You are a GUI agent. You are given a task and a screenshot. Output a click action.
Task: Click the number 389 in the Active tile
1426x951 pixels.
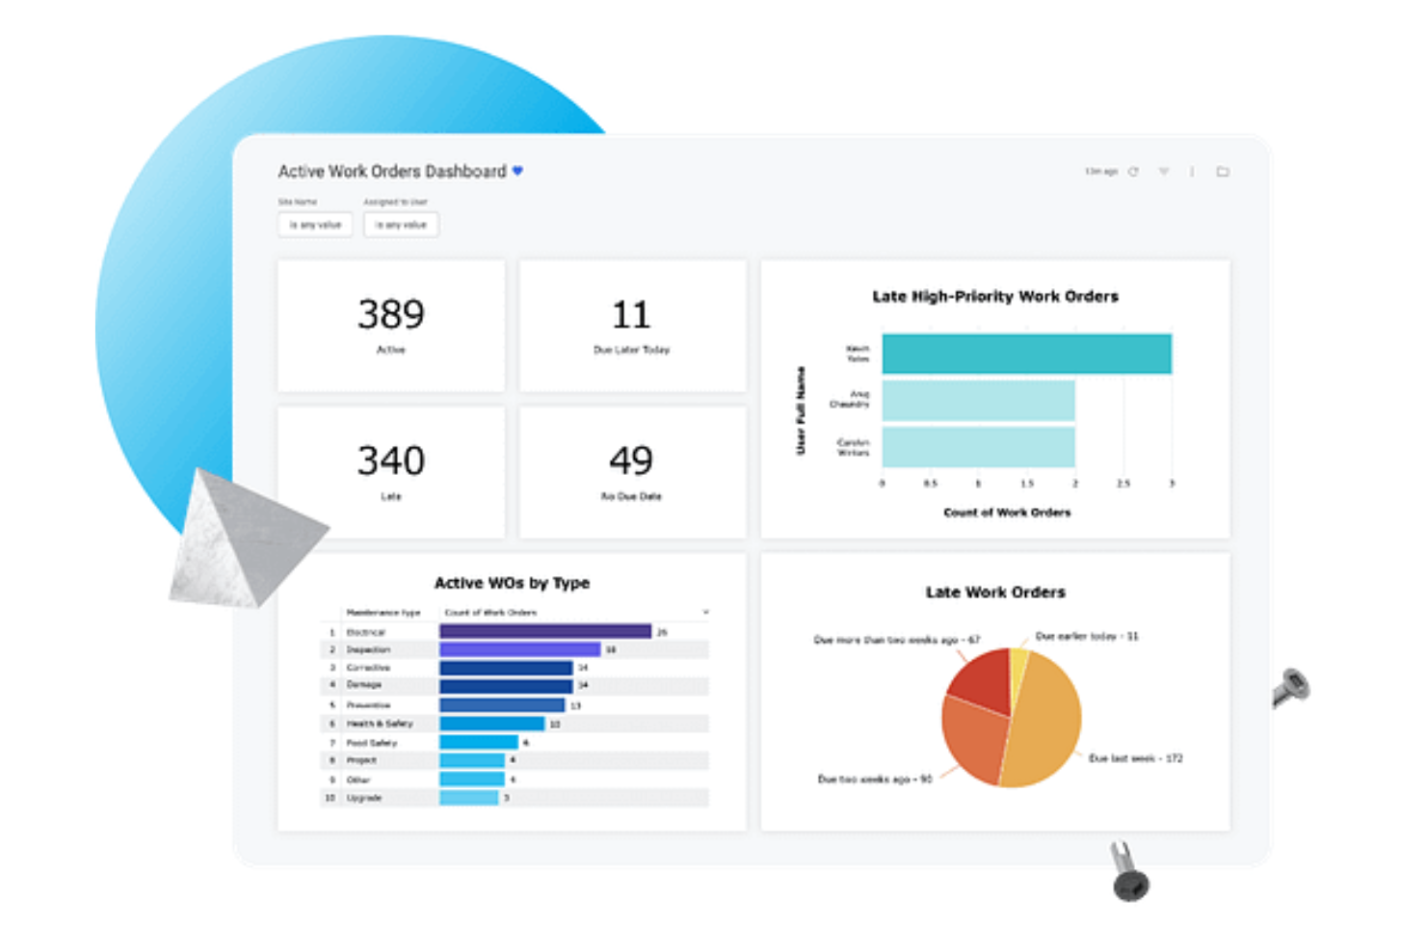[x=390, y=314]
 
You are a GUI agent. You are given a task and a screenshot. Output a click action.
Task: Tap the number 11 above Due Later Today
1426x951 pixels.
[x=631, y=315]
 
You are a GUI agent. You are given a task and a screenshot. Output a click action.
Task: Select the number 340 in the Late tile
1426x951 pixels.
[x=390, y=461]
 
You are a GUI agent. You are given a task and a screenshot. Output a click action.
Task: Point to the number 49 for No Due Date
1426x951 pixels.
[x=631, y=461]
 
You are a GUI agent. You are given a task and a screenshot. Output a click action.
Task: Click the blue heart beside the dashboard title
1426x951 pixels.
[x=517, y=171]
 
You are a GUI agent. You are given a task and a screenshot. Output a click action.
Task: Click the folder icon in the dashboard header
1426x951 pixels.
[x=1223, y=172]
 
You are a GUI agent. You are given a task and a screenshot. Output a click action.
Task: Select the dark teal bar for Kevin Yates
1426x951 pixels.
[x=1026, y=354]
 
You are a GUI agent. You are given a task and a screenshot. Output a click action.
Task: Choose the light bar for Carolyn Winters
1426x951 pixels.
[x=978, y=447]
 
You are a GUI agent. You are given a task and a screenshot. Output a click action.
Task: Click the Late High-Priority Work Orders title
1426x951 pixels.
[x=995, y=296]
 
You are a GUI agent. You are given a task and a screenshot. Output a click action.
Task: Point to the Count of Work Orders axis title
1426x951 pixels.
[x=1007, y=513]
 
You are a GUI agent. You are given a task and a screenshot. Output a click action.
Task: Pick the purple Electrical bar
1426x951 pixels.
[x=545, y=631]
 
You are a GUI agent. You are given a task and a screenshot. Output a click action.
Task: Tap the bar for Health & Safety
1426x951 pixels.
[x=492, y=724]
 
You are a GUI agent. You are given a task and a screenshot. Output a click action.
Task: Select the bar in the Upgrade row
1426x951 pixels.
[x=469, y=798]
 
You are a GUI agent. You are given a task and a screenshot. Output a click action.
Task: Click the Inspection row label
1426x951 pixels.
[x=368, y=649]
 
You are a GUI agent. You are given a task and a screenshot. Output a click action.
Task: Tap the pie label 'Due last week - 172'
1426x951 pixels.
[x=1135, y=758]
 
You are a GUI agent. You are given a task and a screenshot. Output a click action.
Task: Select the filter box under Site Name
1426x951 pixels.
[x=315, y=225]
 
